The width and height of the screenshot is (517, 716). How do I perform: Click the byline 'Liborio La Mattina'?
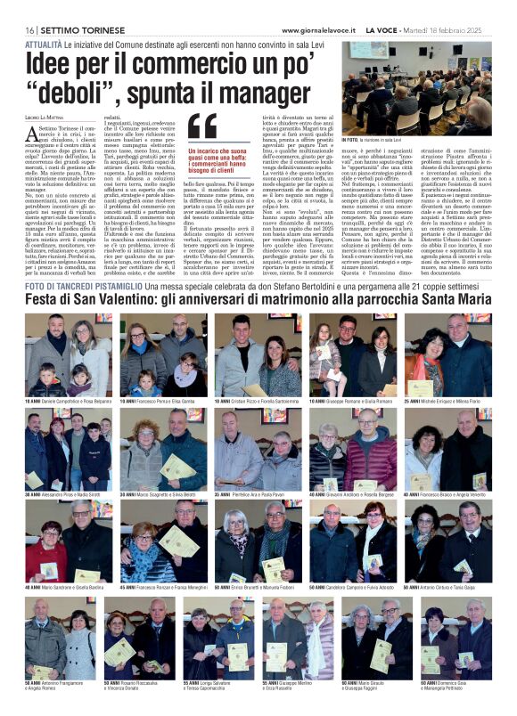45,118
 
